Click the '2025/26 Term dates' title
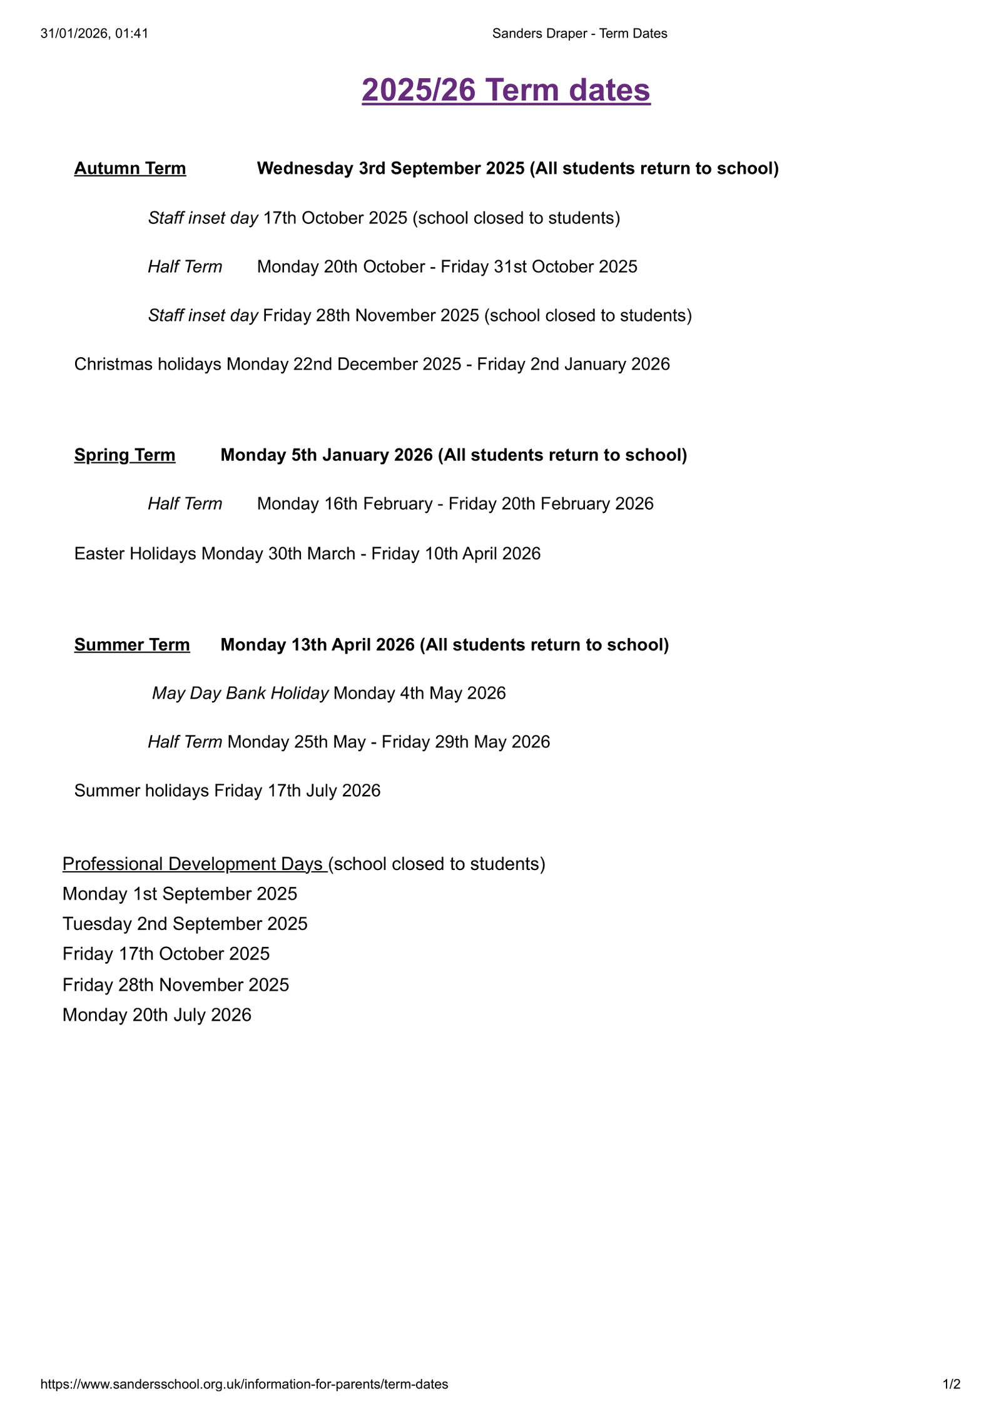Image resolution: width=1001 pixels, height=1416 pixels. coord(506,90)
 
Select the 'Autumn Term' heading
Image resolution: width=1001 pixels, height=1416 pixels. coord(130,168)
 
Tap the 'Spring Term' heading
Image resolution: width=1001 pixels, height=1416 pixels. coord(124,455)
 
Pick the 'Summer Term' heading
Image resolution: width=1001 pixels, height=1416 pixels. coord(132,644)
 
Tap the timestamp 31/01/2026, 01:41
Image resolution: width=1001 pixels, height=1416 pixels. coord(94,34)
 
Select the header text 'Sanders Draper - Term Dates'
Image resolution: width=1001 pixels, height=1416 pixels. coord(579,34)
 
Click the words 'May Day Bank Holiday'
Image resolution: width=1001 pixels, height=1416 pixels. coord(240,693)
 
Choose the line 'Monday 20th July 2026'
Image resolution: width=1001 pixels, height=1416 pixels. coord(156,1014)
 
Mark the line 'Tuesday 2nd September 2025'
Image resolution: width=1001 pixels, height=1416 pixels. coord(185,924)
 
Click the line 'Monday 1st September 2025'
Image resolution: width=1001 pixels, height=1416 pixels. coord(180,894)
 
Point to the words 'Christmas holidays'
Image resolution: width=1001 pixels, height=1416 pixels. coord(148,364)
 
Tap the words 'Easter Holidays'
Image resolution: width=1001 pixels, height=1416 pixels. coord(135,554)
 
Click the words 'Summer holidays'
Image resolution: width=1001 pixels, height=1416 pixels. coord(141,791)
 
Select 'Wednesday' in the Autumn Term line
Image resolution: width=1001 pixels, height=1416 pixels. coord(305,168)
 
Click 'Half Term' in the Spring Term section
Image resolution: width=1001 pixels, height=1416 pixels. coord(185,503)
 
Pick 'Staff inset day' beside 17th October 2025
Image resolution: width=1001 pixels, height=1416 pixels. coord(203,218)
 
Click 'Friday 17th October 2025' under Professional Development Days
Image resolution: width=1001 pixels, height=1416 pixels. coord(166,954)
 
